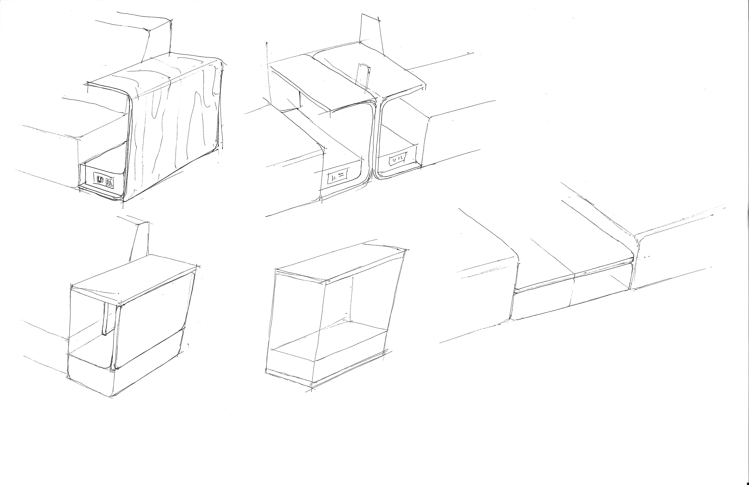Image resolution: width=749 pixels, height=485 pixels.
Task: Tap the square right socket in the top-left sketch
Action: [x=109, y=182]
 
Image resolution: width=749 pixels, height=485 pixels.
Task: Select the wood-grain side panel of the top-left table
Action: [x=175, y=132]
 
